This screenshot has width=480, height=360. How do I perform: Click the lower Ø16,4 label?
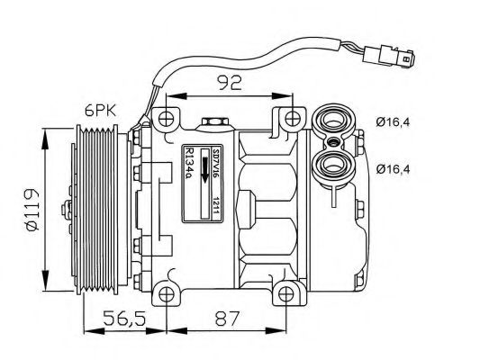[397, 167]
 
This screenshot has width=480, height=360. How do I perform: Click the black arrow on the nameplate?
[204, 167]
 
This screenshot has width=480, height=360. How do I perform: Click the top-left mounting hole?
[164, 118]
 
